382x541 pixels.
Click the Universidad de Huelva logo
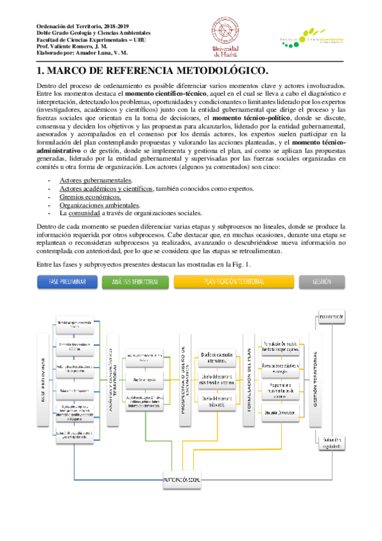click(224, 37)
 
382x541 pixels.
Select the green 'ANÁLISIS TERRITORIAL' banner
click(135, 263)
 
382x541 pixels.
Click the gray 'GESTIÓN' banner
click(321, 263)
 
